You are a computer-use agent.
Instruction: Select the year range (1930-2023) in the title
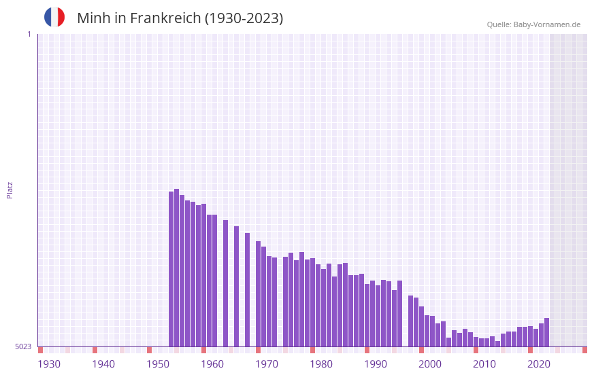pyautogui.click(x=244, y=18)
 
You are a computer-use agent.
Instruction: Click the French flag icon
pyautogui.click(x=54, y=17)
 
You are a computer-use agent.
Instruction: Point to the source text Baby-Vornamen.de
pyautogui.click(x=546, y=24)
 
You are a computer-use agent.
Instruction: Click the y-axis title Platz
pyautogui.click(x=10, y=190)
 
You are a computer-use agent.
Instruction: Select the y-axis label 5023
pyautogui.click(x=23, y=346)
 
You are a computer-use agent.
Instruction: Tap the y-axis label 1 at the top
pyautogui.click(x=29, y=34)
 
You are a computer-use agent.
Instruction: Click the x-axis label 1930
pyautogui.click(x=49, y=364)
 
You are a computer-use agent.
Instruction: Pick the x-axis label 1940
pyautogui.click(x=103, y=364)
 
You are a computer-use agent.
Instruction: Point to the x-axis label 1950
pyautogui.click(x=158, y=364)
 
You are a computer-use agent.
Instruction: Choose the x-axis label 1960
pyautogui.click(x=212, y=364)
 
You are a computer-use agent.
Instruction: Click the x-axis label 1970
pyautogui.click(x=267, y=364)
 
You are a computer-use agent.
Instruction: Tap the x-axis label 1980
pyautogui.click(x=321, y=364)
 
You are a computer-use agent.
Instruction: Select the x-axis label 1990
pyautogui.click(x=376, y=364)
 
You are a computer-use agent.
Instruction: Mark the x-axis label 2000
pyautogui.click(x=430, y=364)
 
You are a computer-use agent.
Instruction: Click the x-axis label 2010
pyautogui.click(x=484, y=364)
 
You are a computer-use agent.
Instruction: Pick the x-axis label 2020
pyautogui.click(x=539, y=364)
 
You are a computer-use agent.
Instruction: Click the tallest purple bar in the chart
pyautogui.click(x=177, y=268)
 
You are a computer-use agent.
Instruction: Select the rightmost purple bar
pyautogui.click(x=546, y=332)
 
